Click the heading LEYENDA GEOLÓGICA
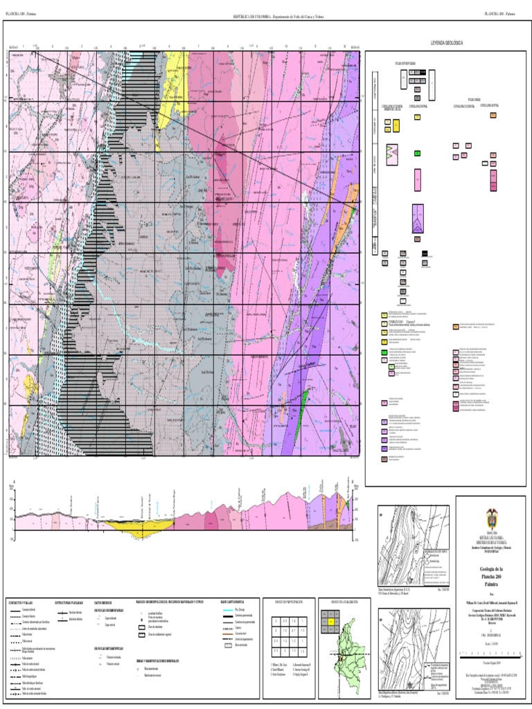click(446, 43)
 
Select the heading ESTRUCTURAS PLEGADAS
click(66, 602)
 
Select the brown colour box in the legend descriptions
click(384, 458)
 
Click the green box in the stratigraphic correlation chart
click(417, 153)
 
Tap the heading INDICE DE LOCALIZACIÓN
click(338, 602)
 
